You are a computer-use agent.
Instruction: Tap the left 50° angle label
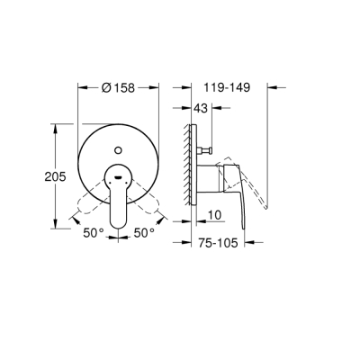tap(93, 232)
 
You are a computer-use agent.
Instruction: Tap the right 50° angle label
tap(144, 232)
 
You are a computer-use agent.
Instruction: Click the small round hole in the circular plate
tap(119, 143)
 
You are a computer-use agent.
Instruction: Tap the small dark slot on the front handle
tap(119, 178)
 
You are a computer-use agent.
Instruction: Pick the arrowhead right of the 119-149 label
tap(274, 87)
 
